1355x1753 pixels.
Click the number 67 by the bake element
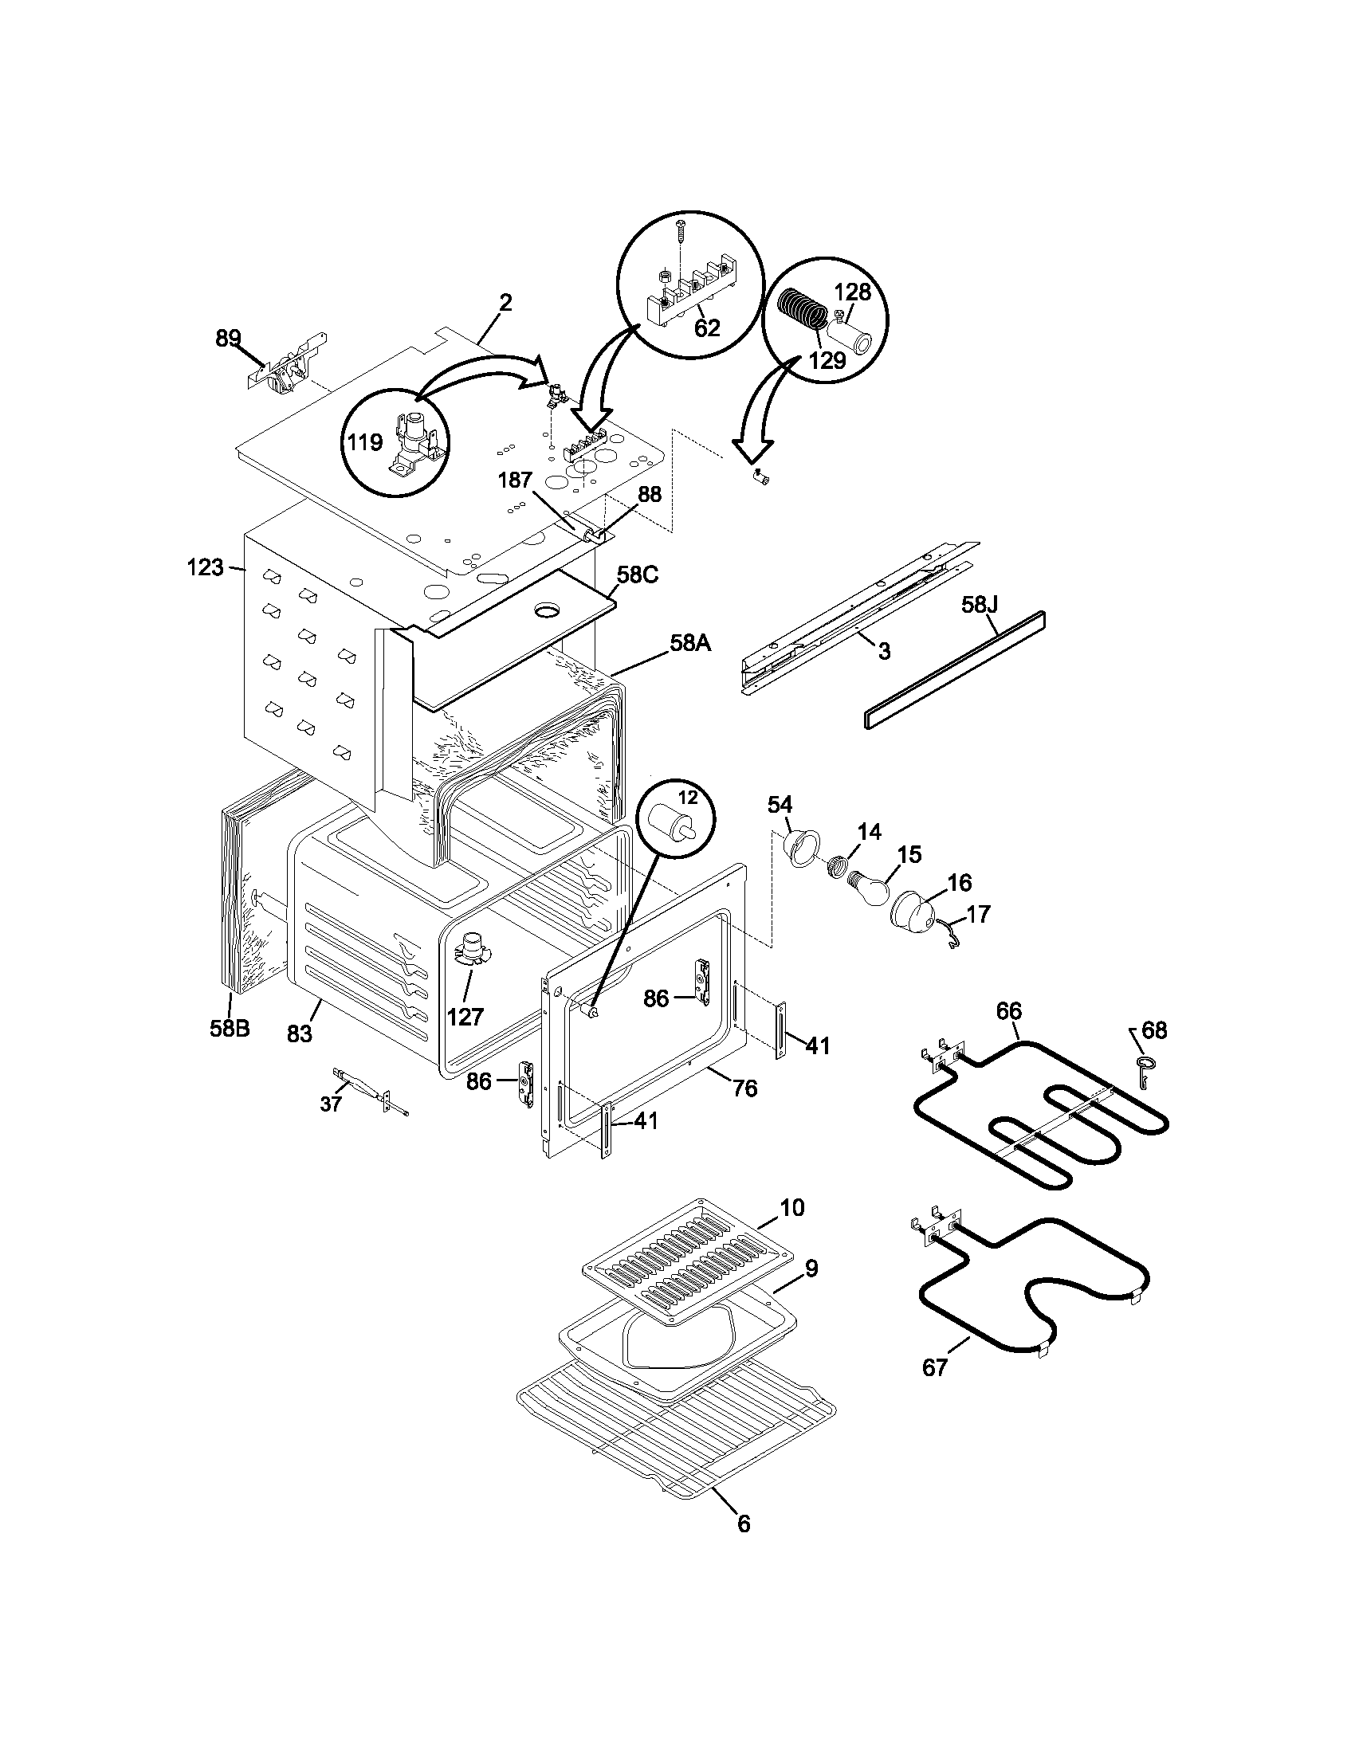(935, 1367)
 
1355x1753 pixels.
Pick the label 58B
(230, 1028)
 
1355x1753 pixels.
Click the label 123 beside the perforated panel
(205, 567)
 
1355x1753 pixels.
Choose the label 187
(515, 480)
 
